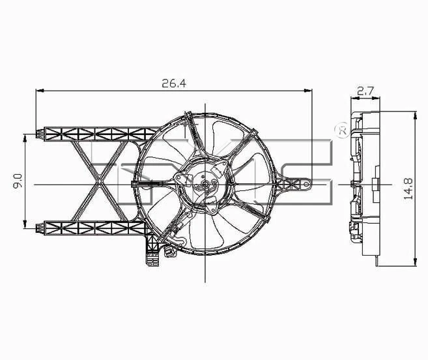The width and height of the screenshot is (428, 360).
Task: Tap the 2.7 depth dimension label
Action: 365,91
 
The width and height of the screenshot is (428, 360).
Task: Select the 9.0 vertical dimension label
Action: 18,181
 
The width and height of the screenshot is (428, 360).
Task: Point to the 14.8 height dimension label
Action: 408,188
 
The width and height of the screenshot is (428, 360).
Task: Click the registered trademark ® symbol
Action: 340,130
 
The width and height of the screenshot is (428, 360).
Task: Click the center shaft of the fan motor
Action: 204,185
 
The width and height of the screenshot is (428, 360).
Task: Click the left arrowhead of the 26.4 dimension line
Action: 38,91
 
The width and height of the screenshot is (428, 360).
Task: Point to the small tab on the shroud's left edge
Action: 136,185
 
